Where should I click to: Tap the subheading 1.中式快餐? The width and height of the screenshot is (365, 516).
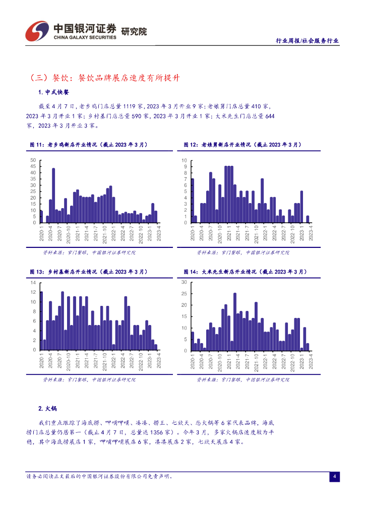(x=53, y=93)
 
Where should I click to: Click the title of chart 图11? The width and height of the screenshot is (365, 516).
(x=89, y=145)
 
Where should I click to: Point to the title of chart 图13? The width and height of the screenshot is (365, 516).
(x=89, y=272)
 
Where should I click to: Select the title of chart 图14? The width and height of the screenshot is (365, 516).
(x=244, y=272)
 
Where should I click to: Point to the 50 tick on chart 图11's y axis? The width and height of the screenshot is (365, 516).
(x=33, y=160)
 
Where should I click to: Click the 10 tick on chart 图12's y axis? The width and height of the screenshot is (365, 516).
(x=185, y=160)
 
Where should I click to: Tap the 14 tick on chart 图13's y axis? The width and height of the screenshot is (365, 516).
(x=33, y=282)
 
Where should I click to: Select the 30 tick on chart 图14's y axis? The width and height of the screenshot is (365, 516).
(x=184, y=282)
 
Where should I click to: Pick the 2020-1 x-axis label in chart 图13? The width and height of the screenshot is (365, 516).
(x=41, y=361)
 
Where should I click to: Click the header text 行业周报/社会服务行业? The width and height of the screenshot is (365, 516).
(x=308, y=41)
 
